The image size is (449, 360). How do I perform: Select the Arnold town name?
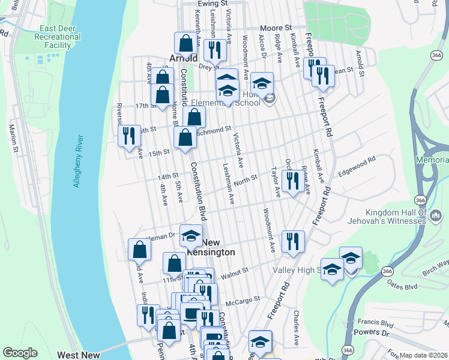click(x=184, y=58)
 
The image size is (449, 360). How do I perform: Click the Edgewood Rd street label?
click(x=357, y=161)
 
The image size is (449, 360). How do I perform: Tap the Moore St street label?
click(x=276, y=28)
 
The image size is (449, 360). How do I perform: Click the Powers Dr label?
click(x=370, y=332)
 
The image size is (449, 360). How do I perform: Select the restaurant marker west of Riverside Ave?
click(x=128, y=135)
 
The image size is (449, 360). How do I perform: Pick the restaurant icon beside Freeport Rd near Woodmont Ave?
click(x=293, y=241)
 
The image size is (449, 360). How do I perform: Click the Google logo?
click(x=20, y=353)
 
